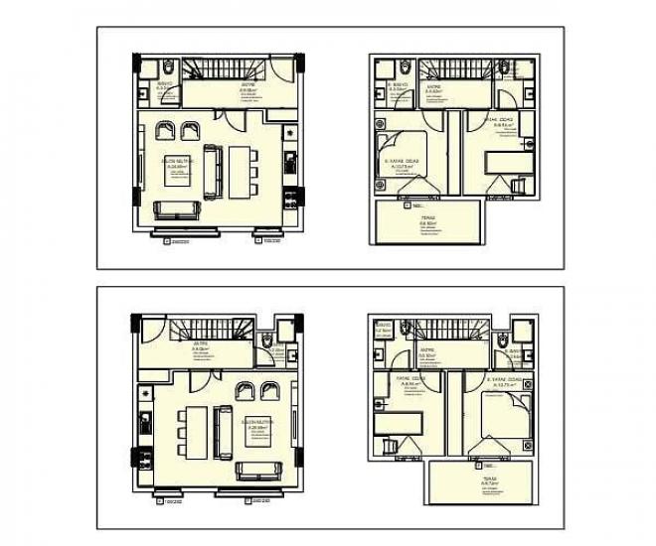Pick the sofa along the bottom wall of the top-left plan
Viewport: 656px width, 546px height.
178,208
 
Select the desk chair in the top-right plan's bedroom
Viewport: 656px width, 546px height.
518,186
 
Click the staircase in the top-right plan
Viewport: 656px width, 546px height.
452,70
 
